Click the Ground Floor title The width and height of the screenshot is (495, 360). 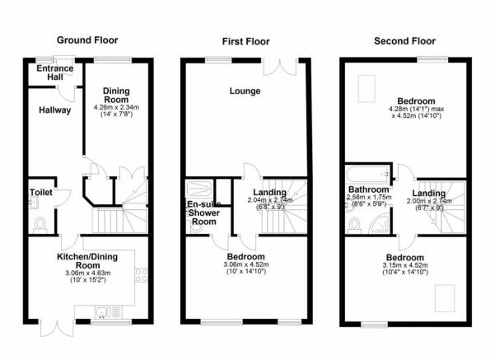point(87,40)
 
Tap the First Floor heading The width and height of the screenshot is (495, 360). point(246,41)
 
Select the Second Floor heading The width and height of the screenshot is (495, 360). point(404,41)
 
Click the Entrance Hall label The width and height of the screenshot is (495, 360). point(55,72)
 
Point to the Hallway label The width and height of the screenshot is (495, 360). point(55,110)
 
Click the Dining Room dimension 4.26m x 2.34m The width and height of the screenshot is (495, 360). point(116,107)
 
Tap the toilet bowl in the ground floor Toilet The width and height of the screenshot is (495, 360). point(40,225)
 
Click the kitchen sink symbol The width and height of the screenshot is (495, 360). point(108,312)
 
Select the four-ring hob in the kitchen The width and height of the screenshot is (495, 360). point(142,275)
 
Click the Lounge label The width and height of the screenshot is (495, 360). point(245,91)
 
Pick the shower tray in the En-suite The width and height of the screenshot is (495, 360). point(198,189)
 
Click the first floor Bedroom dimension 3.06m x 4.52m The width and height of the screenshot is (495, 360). point(246,264)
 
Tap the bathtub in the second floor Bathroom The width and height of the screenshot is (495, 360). point(368,174)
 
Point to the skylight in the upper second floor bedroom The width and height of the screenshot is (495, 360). point(367,88)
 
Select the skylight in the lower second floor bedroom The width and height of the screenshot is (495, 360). point(445,298)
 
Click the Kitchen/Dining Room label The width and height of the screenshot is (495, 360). point(87,261)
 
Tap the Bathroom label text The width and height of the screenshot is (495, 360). point(369,189)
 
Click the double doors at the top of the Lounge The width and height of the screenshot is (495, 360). point(280,68)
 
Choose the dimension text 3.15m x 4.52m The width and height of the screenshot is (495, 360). point(405,265)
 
